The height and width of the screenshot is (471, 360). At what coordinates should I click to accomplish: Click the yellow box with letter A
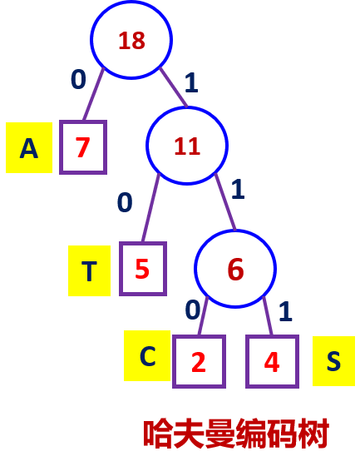[29, 147]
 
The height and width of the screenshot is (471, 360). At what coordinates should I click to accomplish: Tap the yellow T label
[90, 270]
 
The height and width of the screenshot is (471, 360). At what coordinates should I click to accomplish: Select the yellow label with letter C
[147, 355]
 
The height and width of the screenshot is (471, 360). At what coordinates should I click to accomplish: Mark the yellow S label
[333, 361]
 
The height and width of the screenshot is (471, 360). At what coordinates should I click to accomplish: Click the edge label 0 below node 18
[78, 79]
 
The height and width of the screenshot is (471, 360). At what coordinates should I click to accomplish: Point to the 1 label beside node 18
[191, 82]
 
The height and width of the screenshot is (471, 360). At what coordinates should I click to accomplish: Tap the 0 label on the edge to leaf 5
[125, 202]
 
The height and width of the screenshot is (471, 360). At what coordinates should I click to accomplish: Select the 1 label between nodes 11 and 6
[238, 189]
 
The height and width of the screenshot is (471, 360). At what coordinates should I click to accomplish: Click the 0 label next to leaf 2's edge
[193, 310]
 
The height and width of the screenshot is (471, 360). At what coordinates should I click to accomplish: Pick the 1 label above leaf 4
[285, 312]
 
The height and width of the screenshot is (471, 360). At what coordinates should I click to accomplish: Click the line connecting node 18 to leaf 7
[93, 94]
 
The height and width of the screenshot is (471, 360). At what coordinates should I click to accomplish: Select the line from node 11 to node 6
[225, 202]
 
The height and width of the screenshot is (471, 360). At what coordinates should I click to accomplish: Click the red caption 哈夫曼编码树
[236, 434]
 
